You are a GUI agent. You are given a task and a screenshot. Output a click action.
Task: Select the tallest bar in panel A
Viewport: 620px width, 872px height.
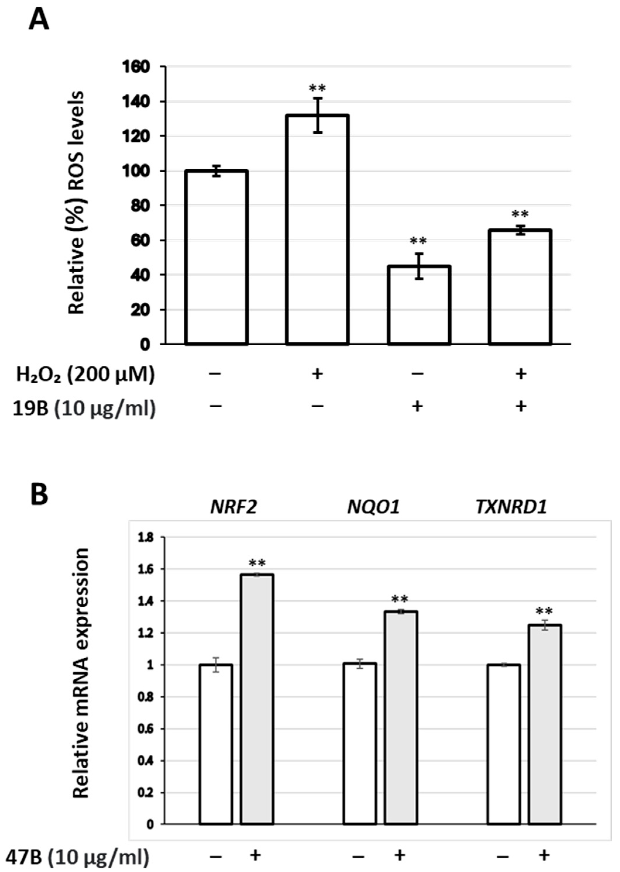(x=318, y=229)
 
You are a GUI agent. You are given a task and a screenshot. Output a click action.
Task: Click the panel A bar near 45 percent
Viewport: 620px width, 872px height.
(x=419, y=305)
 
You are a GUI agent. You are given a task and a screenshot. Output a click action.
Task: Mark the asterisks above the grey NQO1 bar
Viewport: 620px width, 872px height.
(x=400, y=599)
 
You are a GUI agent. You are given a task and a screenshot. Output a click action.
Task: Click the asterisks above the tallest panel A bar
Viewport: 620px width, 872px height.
(x=318, y=89)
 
